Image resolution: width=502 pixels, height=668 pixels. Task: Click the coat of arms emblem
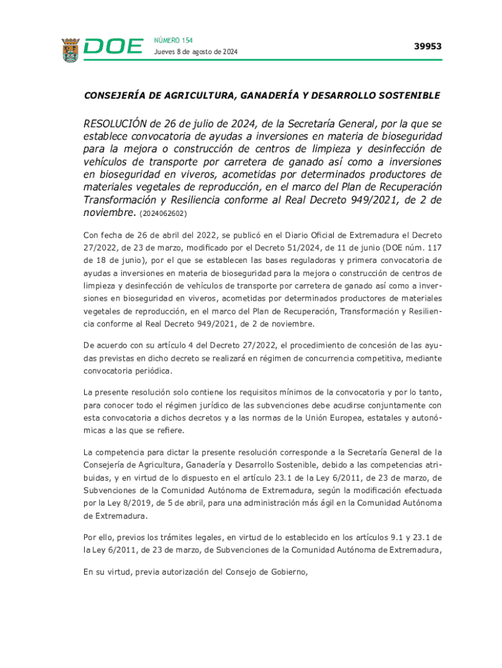tap(70, 50)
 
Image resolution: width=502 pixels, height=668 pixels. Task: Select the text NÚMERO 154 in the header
tap(173, 40)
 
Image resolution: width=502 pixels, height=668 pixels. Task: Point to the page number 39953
tap(428, 46)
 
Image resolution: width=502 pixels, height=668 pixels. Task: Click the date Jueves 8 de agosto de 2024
tap(196, 52)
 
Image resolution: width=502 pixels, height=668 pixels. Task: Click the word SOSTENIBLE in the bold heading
tap(408, 95)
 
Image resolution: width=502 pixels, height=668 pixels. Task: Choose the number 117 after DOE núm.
tap(434, 247)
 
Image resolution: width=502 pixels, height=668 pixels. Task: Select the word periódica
tap(153, 371)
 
